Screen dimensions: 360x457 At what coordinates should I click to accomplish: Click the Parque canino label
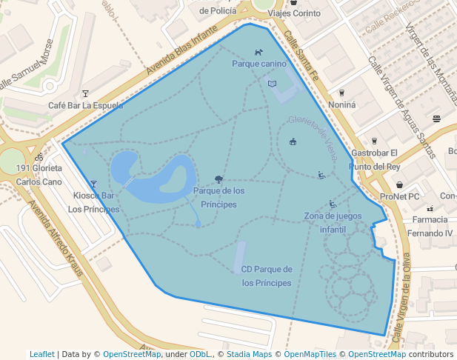tap(258, 64)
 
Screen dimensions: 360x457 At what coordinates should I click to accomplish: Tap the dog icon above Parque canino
tap(258, 53)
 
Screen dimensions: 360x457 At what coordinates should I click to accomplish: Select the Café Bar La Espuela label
tap(85, 105)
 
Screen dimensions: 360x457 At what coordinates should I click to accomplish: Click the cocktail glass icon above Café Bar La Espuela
tap(85, 93)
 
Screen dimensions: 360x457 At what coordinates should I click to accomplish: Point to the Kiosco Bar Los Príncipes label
tap(93, 202)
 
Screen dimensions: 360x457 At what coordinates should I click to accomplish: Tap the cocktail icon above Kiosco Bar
tap(93, 184)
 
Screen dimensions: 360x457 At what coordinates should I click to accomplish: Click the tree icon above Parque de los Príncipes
tap(219, 179)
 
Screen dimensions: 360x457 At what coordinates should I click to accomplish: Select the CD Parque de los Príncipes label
tap(267, 276)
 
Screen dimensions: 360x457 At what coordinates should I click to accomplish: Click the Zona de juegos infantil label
tap(333, 222)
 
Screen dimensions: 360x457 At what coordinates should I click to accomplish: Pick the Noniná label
tap(341, 104)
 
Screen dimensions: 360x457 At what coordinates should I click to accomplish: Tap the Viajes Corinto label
tap(294, 13)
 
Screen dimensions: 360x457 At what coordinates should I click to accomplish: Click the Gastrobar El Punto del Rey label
tap(375, 159)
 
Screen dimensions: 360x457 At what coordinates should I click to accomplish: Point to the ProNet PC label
tap(399, 196)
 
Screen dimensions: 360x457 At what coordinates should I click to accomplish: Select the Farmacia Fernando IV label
tap(430, 227)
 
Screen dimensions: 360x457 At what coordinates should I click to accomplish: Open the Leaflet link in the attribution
tap(41, 354)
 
